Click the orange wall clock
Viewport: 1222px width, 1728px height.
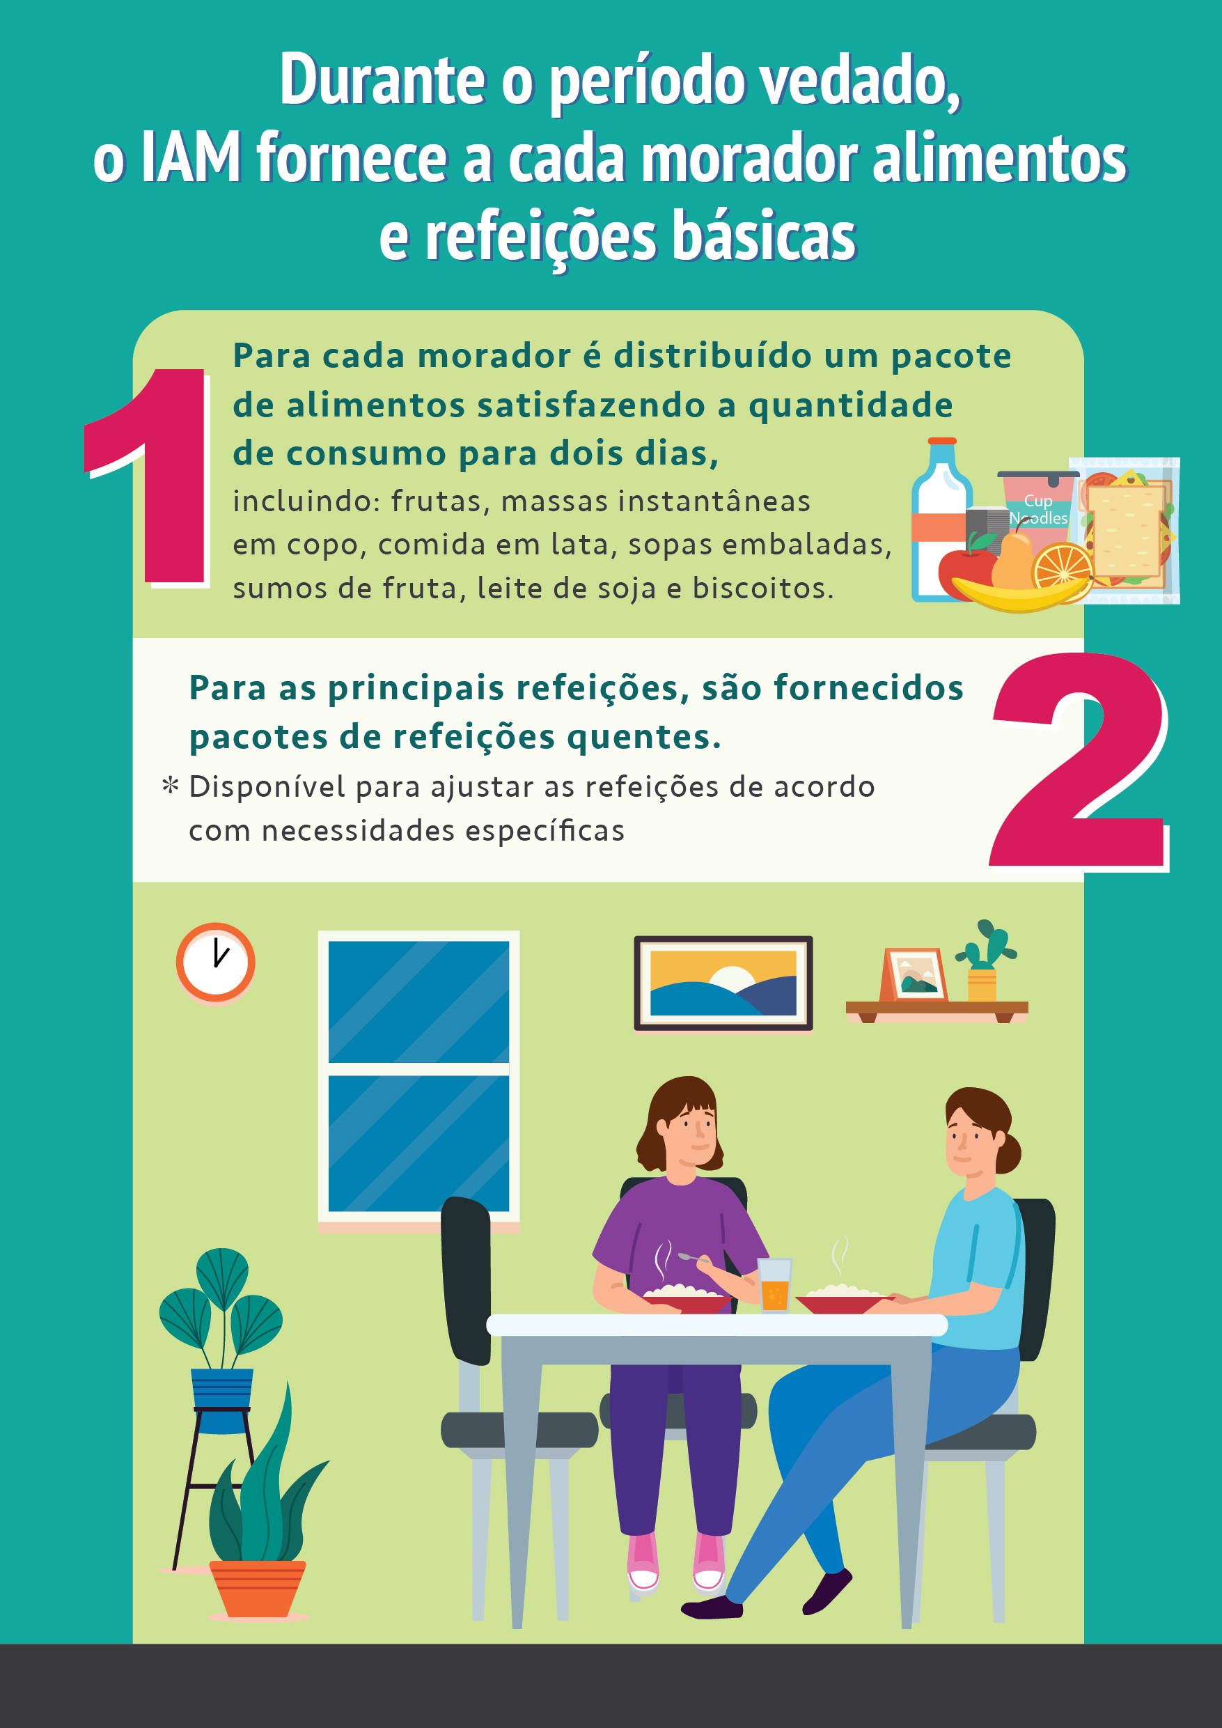point(215,963)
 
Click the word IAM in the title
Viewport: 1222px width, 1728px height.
point(190,157)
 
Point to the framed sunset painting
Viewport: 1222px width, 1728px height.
point(723,983)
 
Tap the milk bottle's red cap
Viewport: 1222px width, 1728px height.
point(942,441)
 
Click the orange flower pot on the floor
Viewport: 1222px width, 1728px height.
point(258,1588)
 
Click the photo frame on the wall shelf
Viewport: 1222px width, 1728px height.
point(913,974)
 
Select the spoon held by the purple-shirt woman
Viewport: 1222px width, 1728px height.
point(694,1258)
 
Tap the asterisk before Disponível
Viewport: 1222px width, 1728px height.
point(171,786)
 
